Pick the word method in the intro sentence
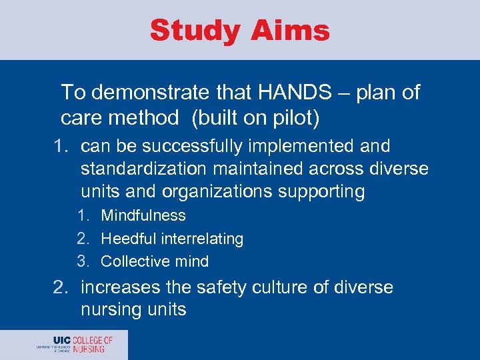(x=146, y=119)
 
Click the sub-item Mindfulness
(x=143, y=215)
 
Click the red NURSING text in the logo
(x=88, y=349)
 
